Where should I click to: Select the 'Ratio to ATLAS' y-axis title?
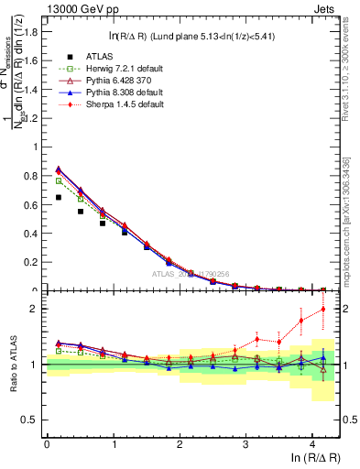12,365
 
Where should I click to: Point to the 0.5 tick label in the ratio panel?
30,420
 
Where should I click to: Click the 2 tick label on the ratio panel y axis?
36,309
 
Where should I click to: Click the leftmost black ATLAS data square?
59,197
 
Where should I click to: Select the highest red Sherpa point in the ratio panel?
323,309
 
